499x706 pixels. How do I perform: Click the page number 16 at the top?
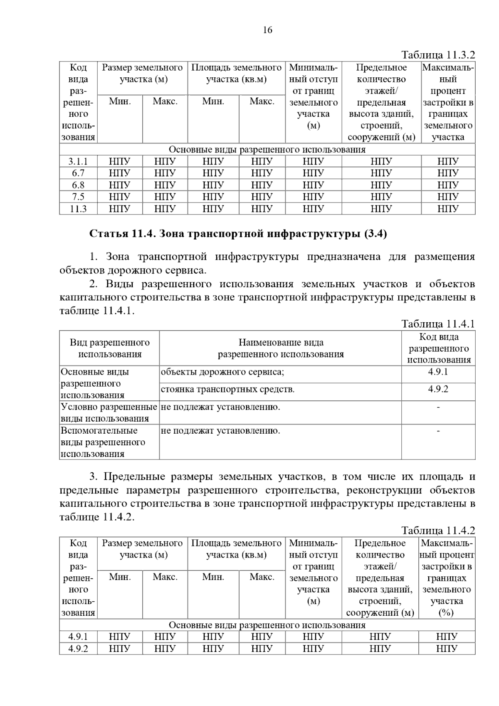click(x=267, y=30)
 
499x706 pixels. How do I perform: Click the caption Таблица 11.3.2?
click(x=438, y=55)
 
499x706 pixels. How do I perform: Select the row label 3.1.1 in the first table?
click(x=78, y=161)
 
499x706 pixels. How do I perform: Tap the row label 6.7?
click(x=78, y=173)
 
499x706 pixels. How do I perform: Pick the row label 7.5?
click(x=78, y=197)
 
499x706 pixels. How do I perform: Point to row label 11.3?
click(x=78, y=209)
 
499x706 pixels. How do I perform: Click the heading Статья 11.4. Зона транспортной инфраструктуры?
click(x=238, y=234)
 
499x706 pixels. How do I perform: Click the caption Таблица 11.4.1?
click(x=438, y=324)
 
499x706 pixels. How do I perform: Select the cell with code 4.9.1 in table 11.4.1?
click(x=438, y=372)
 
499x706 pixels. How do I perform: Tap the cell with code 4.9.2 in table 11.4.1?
click(x=438, y=389)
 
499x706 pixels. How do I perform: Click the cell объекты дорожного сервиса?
click(x=222, y=372)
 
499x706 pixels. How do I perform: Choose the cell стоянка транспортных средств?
click(x=227, y=390)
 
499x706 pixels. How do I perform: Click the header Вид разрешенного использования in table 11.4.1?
click(x=110, y=348)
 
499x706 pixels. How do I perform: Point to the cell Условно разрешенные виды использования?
click(x=109, y=412)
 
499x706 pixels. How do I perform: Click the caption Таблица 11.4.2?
click(x=438, y=531)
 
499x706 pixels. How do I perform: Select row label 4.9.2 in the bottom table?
click(x=78, y=649)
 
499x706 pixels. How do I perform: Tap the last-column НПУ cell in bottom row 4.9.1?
click(x=447, y=637)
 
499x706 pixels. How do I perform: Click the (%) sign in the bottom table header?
click(x=446, y=613)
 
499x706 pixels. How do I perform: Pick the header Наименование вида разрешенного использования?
click(x=281, y=348)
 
